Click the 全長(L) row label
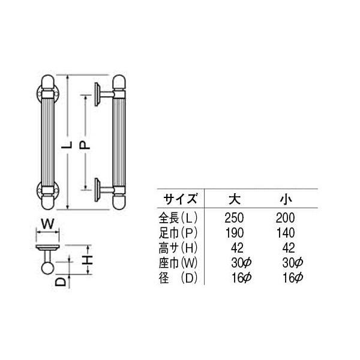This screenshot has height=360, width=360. point(179,218)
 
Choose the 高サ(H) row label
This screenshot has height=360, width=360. point(179,247)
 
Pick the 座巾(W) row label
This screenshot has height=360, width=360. point(179,262)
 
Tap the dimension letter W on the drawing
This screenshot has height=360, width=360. point(47,226)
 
